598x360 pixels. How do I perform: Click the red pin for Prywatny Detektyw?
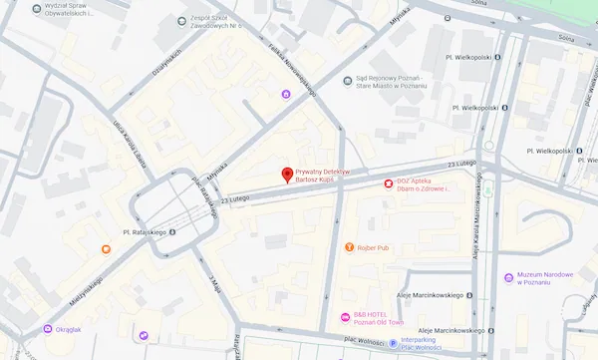288,175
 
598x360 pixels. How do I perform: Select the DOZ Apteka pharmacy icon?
389,183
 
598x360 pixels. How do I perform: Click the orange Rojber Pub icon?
349,246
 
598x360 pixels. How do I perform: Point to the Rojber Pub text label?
376,246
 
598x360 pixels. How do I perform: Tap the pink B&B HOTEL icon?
345,318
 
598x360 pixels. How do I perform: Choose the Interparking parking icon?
392,341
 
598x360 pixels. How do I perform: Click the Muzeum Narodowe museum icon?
508,276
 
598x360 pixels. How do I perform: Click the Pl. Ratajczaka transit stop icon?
170,232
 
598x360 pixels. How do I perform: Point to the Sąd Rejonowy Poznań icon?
347,81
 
